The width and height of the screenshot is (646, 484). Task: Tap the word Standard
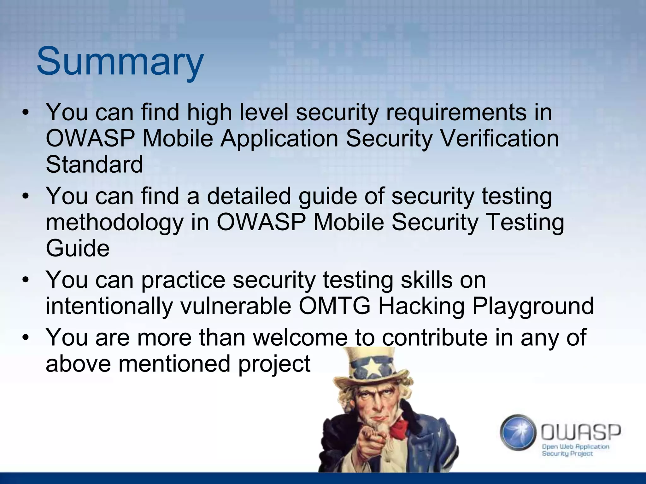click(x=94, y=164)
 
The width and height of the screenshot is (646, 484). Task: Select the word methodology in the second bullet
click(x=115, y=222)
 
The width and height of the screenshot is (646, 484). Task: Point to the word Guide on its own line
click(x=78, y=248)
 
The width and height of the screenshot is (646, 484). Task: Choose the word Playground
click(x=533, y=306)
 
